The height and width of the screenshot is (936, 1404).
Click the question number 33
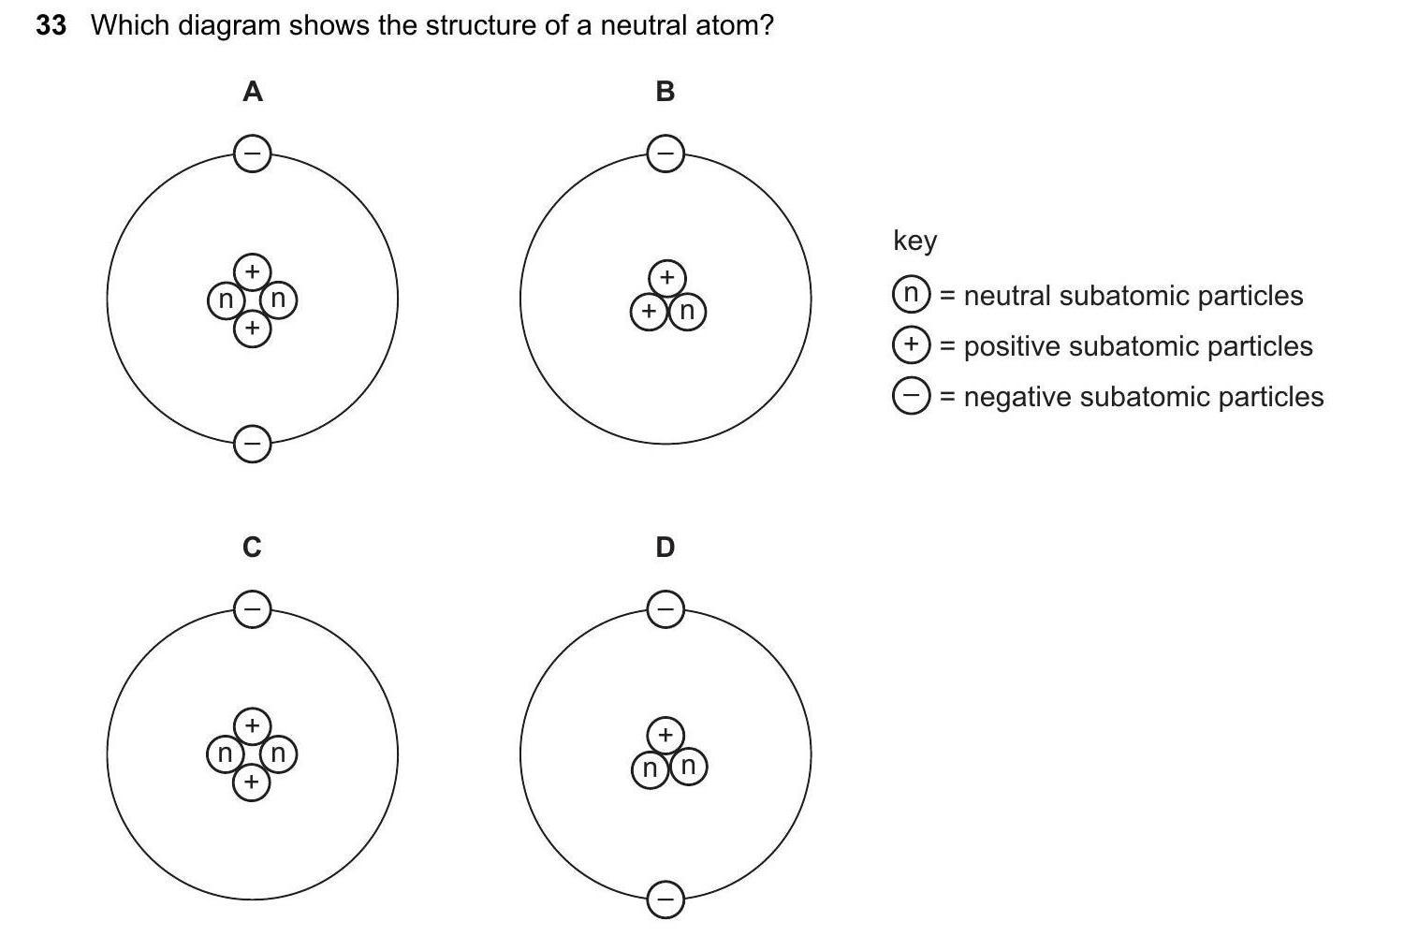point(51,25)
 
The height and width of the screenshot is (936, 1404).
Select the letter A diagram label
point(252,92)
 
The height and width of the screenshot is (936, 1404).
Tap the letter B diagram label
point(665,92)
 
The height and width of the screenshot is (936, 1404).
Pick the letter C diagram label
point(252,547)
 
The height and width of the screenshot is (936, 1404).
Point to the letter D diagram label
point(665,547)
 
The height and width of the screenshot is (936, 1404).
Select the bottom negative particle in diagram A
point(252,444)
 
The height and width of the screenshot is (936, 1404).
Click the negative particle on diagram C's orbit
point(252,609)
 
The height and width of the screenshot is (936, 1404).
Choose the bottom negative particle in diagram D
point(665,899)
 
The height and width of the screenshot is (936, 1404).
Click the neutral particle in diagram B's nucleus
point(688,311)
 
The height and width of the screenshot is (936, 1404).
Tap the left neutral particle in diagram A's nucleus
point(225,300)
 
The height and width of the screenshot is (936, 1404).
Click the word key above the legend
point(914,241)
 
